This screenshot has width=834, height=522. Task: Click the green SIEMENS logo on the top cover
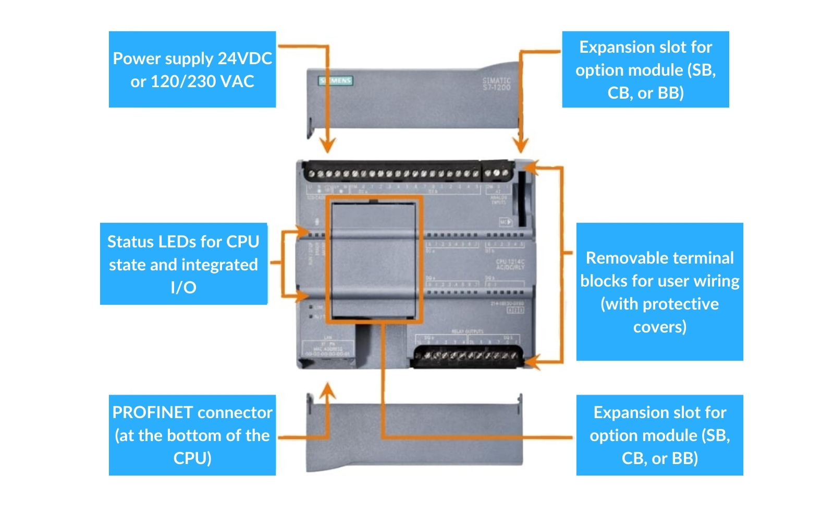tap(336, 80)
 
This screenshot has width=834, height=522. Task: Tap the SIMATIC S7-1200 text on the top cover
tap(496, 84)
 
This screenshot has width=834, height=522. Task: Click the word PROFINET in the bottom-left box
tap(153, 412)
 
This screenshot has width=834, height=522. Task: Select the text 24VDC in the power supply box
tap(244, 58)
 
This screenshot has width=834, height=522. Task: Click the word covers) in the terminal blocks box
tap(659, 327)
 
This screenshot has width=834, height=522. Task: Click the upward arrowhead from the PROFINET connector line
tap(327, 389)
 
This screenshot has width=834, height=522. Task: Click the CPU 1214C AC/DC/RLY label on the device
tap(510, 264)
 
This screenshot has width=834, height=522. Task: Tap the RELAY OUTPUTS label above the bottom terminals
tap(467, 331)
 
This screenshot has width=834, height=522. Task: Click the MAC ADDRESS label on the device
tap(328, 349)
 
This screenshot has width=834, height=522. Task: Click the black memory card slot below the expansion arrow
tap(522, 198)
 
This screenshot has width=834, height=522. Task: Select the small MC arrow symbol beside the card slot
tap(505, 222)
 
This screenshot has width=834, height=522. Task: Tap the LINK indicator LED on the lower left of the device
tap(311, 307)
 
